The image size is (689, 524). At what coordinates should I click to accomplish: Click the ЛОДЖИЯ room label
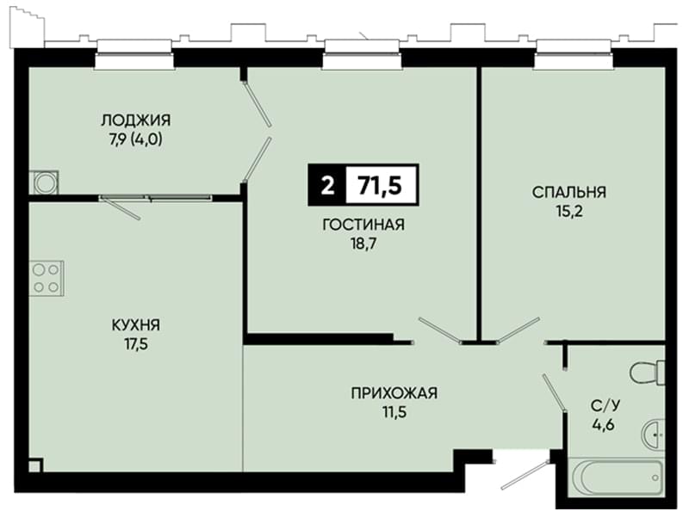(x=136, y=120)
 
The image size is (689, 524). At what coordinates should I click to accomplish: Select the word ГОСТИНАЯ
(x=363, y=225)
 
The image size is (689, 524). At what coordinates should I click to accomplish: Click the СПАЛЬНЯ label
(x=569, y=192)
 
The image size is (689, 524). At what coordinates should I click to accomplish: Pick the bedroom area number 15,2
(x=569, y=212)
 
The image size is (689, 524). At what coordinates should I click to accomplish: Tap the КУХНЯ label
(x=136, y=325)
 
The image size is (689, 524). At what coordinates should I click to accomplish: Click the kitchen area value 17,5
(x=136, y=344)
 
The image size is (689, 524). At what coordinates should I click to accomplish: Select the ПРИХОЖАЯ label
(x=394, y=392)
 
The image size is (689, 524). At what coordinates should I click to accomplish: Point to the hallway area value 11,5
(x=394, y=412)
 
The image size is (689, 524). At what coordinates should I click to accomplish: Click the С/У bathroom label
(x=605, y=405)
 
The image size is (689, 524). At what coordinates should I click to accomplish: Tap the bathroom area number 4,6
(x=605, y=425)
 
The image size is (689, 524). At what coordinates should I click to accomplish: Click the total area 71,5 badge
(x=381, y=185)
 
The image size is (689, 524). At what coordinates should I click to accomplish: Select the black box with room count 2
(x=327, y=185)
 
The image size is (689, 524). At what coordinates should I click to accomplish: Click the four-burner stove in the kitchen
(x=47, y=278)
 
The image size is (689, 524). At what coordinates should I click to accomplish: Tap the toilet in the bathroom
(x=648, y=373)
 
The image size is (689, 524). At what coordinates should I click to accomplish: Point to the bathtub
(x=616, y=478)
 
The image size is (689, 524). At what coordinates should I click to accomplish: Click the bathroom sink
(x=654, y=434)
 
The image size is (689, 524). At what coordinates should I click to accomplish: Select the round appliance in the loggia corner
(x=44, y=182)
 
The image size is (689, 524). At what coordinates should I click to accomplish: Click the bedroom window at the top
(x=574, y=55)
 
